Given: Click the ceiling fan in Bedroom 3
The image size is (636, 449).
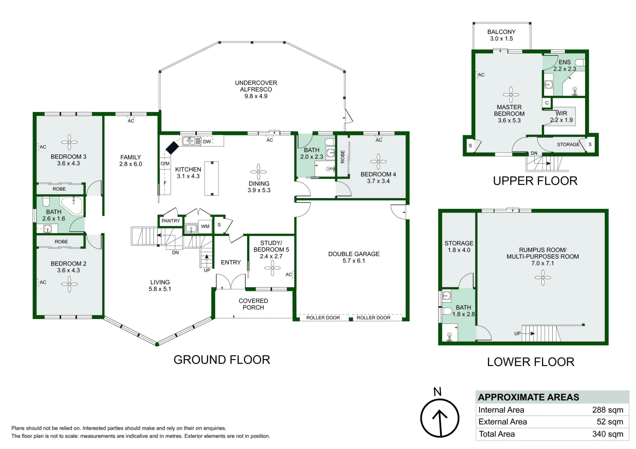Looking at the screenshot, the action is (69, 142).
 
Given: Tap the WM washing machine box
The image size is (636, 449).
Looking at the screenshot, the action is (205, 226).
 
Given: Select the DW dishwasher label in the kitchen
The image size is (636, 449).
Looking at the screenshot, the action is (207, 142).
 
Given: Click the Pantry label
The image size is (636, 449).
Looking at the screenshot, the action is (171, 221).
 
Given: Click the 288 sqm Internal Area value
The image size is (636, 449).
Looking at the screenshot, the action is (607, 410).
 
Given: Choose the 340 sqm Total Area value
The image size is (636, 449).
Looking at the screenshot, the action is (607, 434).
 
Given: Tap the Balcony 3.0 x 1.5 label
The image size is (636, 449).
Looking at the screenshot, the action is (501, 35).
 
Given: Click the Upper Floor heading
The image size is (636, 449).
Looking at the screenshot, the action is (535, 181).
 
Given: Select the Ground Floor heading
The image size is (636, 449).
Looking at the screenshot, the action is (222, 360).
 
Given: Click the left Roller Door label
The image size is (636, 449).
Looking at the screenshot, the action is (323, 318).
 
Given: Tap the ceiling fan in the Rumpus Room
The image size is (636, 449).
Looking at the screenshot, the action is (543, 278).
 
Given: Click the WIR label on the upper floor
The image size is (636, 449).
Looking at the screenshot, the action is (562, 113).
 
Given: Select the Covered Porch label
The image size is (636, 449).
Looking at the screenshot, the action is (253, 304).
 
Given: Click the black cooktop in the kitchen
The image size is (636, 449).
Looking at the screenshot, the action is (172, 148).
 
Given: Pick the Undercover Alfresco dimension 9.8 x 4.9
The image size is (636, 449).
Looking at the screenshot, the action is (256, 96).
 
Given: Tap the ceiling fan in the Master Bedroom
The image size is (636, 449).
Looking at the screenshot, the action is (511, 95).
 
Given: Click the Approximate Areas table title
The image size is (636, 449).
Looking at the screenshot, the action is (529, 397).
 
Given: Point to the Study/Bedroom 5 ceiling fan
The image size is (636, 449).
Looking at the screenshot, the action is (273, 268).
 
